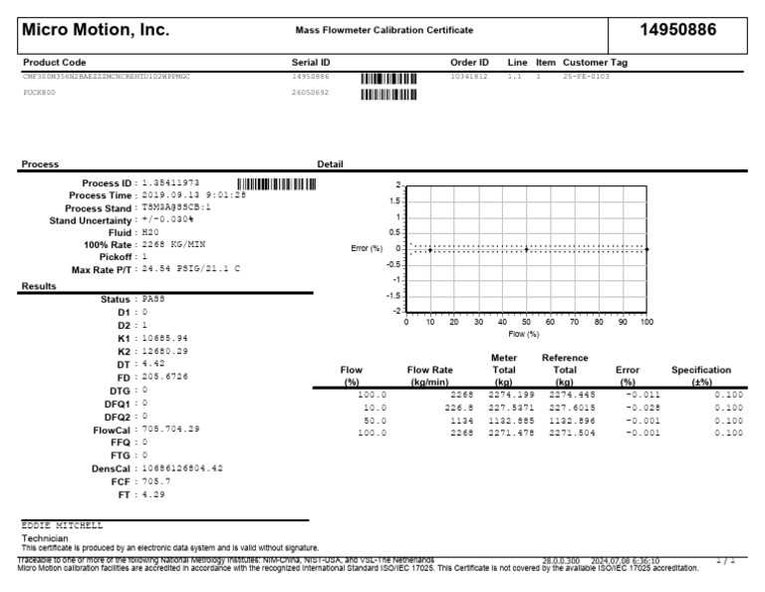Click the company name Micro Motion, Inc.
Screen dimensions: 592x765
coord(96,30)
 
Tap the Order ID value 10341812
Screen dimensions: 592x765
coord(470,76)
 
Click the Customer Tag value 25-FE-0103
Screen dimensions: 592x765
coord(587,76)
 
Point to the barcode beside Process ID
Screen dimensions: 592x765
coord(276,183)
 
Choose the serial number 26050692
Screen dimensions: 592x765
coord(312,93)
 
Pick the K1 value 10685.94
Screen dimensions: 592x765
coord(165,338)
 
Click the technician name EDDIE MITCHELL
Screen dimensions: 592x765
coord(62,524)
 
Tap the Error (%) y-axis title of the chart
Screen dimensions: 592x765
coord(367,248)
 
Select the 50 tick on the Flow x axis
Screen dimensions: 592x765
coord(526,322)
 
